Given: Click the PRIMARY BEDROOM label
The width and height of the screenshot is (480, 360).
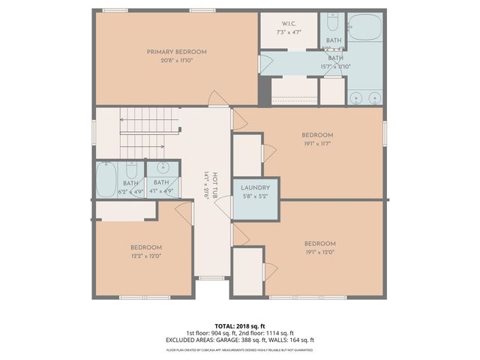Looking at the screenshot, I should (x=176, y=52).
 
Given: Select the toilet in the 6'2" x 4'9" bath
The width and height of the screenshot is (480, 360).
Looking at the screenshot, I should (x=131, y=167).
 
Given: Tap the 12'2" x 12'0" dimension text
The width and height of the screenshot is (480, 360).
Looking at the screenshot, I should (x=145, y=256).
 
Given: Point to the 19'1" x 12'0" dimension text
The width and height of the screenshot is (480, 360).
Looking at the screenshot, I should (x=319, y=252).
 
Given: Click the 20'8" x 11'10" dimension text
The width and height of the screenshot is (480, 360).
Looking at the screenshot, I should (x=176, y=60).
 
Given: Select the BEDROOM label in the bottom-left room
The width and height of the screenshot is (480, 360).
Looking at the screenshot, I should (x=145, y=247).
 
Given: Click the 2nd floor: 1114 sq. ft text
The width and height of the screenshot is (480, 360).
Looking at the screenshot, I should (x=267, y=333).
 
